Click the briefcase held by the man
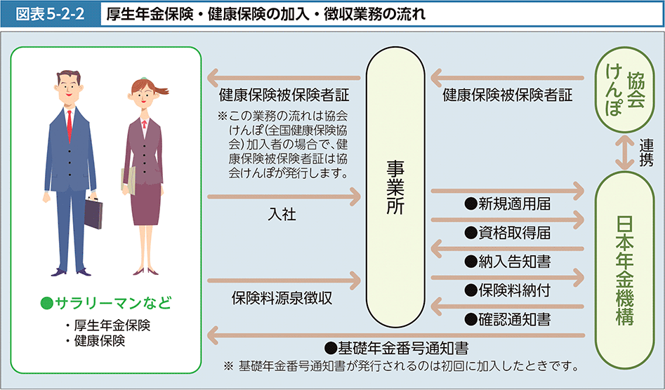[x=94, y=213]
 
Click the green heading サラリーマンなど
[x=106, y=304]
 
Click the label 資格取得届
[x=507, y=233]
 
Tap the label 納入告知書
[x=507, y=262]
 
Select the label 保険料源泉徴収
[x=282, y=298]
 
